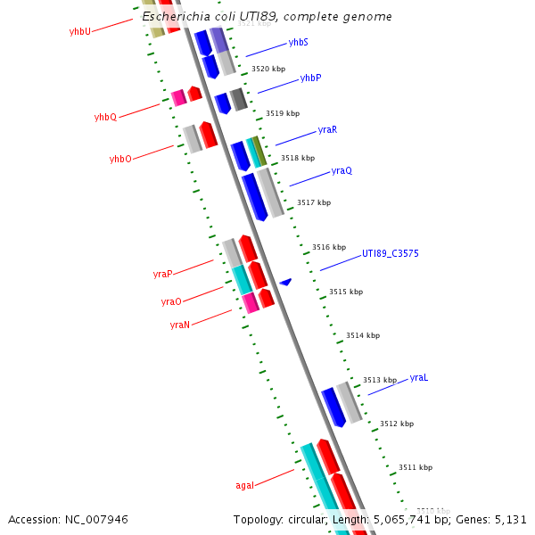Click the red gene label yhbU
(80, 31)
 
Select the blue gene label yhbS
(299, 43)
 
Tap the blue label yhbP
(310, 78)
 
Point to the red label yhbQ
(105, 118)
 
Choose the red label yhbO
(120, 160)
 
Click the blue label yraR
(327, 130)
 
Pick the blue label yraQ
(342, 171)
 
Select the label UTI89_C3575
(390, 254)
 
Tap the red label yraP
(162, 275)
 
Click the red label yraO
(171, 302)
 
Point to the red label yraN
(179, 325)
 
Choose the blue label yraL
(419, 378)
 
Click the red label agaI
(244, 486)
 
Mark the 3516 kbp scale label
(329, 247)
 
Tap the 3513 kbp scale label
(380, 381)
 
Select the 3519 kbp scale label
(283, 114)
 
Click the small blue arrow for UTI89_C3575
(285, 282)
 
